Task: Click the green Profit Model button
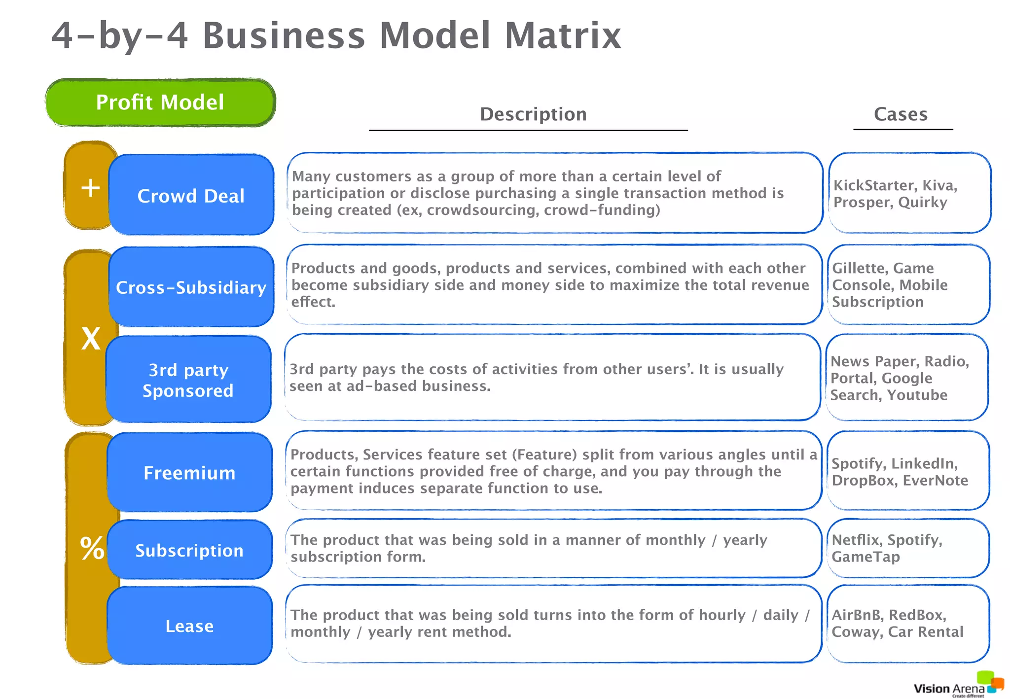point(160,103)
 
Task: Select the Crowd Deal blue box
point(191,195)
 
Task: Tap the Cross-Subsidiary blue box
point(191,287)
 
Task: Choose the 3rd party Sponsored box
point(188,380)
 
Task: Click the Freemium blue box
point(189,473)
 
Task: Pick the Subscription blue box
point(189,550)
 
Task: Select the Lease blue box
point(189,626)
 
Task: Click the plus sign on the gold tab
point(90,188)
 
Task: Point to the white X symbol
point(91,339)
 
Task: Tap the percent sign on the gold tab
point(92,548)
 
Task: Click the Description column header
point(533,114)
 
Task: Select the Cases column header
point(901,114)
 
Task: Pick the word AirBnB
point(856,615)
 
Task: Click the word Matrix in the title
point(562,35)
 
